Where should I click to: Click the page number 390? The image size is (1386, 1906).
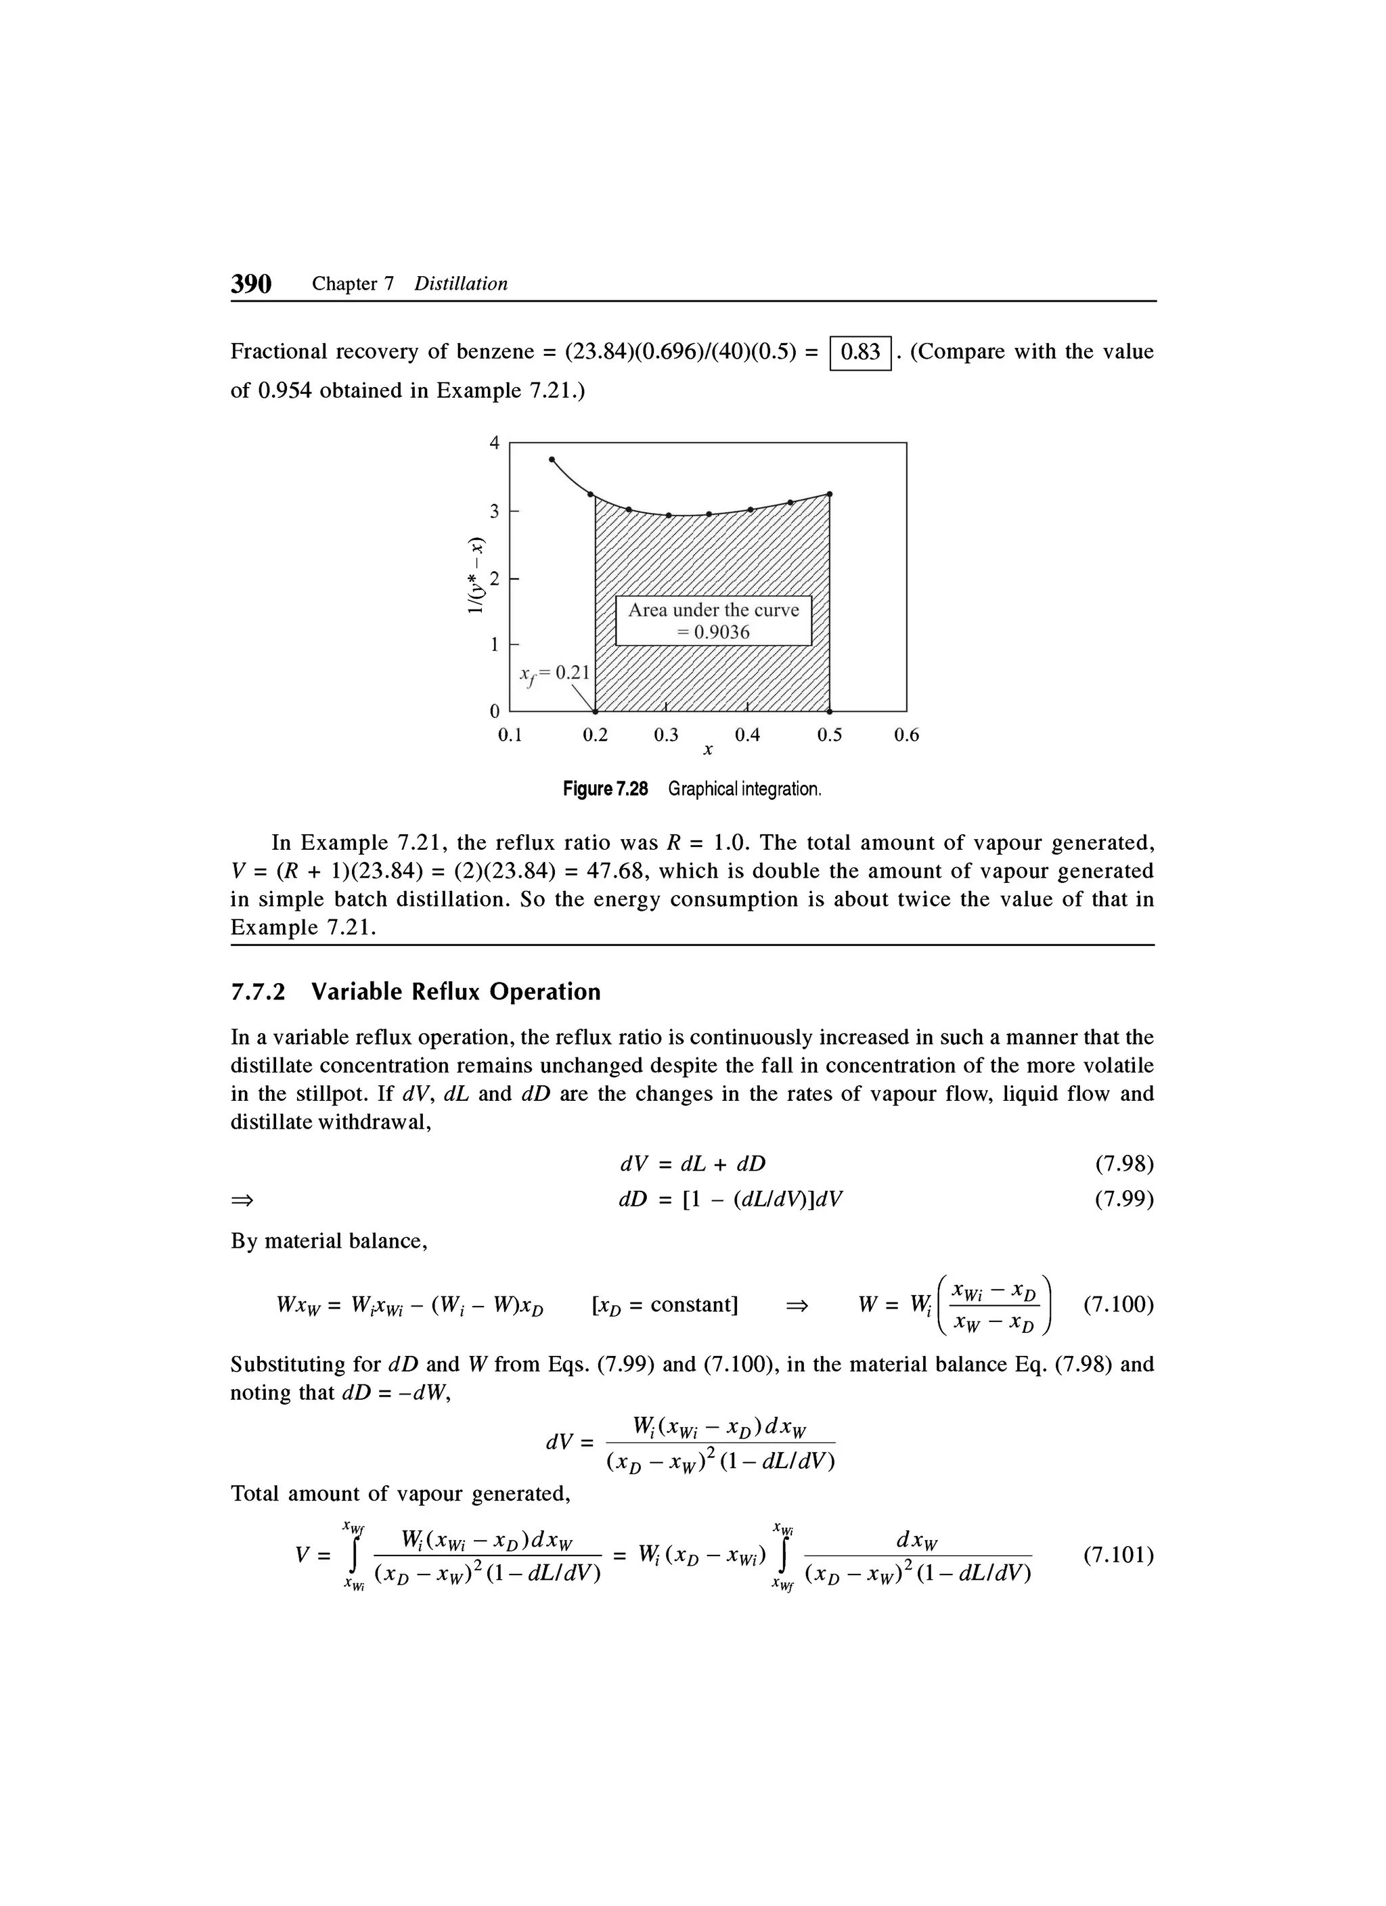click(x=251, y=284)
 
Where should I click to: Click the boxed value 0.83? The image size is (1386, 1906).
click(x=860, y=352)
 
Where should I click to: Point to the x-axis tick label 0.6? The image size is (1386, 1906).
click(x=906, y=735)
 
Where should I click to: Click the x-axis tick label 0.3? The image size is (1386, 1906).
click(x=666, y=735)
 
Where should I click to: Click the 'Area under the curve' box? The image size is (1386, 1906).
click(x=713, y=620)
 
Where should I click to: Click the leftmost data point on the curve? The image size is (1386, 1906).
click(x=552, y=459)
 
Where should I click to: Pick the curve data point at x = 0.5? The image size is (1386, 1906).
click(x=830, y=493)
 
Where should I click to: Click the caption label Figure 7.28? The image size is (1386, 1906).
click(x=605, y=789)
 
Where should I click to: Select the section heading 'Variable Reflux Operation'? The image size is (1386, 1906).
click(x=456, y=992)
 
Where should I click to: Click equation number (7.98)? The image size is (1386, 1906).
click(x=1124, y=1163)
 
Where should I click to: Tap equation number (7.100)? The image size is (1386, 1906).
click(x=1118, y=1304)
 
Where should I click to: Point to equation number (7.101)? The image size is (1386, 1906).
click(x=1118, y=1556)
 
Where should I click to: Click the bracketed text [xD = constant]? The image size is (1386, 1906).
click(x=665, y=1304)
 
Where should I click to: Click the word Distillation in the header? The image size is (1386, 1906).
click(x=461, y=284)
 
